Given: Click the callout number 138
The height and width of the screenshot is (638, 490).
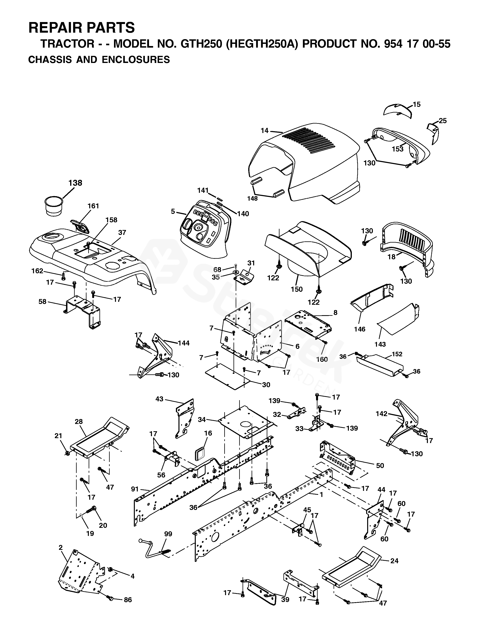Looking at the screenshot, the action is coord(75,183).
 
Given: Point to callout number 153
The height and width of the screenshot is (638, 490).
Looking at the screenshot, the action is coord(398,149).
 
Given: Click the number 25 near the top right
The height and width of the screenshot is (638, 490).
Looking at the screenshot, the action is coord(443,121).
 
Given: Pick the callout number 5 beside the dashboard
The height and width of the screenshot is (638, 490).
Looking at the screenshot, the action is coord(173,211).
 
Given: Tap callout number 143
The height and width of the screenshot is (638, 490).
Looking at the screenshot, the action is coord(380,344).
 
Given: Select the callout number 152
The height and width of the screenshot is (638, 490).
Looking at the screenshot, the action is coord(397,354).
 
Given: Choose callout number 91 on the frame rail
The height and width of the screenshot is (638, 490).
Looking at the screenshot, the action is coord(135,489).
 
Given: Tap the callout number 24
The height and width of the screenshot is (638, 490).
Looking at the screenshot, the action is coord(394,561).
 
